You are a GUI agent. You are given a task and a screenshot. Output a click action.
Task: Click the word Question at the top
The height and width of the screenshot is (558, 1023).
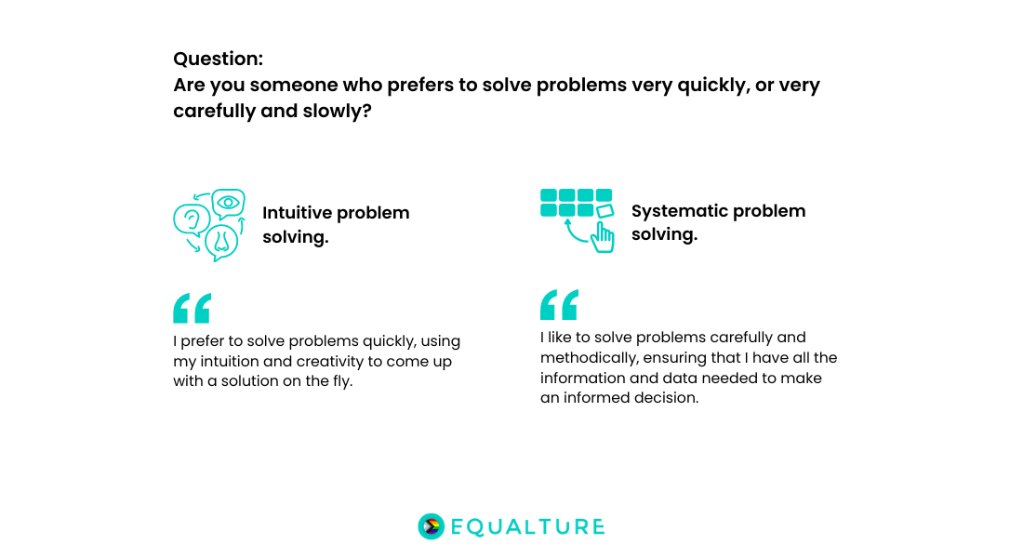click(217, 59)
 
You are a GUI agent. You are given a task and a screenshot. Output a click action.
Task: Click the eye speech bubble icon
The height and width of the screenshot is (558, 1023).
click(228, 203)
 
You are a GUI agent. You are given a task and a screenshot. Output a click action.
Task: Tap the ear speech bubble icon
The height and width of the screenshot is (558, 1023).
click(191, 220)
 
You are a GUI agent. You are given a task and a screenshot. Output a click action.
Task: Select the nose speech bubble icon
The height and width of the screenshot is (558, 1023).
click(221, 241)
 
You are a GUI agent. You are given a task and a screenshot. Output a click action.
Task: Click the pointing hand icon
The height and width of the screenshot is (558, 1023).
click(603, 236)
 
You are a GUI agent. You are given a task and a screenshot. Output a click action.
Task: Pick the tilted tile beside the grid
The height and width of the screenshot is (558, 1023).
click(604, 212)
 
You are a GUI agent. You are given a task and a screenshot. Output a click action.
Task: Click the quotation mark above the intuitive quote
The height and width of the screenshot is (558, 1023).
click(192, 308)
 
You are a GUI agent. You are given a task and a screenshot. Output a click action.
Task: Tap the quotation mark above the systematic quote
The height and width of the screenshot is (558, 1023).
click(559, 304)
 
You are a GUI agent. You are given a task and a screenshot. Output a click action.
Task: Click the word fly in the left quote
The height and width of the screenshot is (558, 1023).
click(340, 381)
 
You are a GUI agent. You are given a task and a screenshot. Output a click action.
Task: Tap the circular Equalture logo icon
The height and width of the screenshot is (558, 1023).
click(431, 526)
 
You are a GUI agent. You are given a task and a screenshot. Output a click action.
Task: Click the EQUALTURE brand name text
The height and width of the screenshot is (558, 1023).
click(527, 527)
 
